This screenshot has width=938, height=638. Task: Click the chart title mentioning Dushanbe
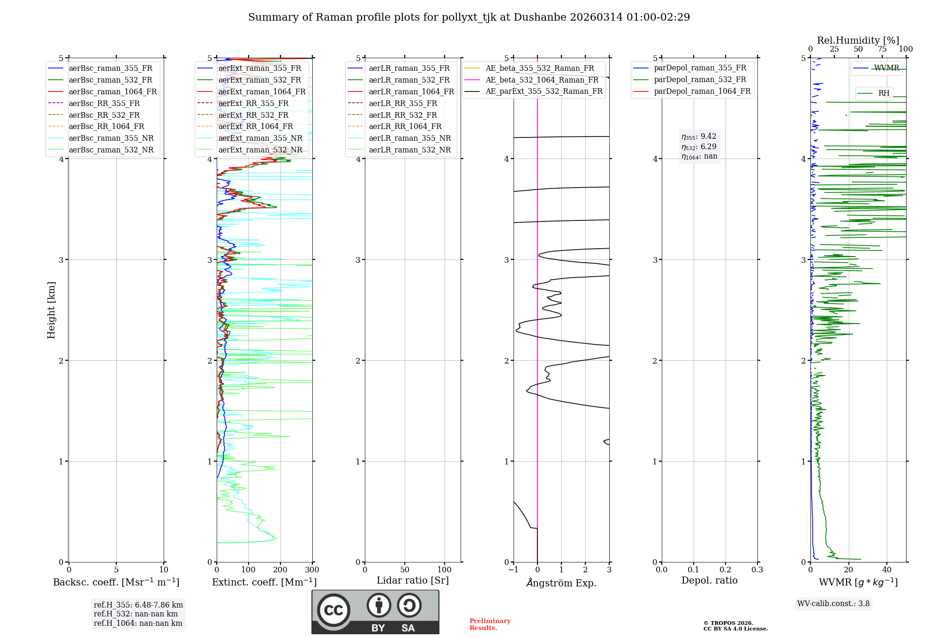[469, 17]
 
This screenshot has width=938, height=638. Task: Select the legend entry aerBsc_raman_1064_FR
[113, 92]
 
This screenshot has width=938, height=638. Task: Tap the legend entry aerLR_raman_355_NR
[409, 138]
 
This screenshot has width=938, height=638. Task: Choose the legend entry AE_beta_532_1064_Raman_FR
[542, 80]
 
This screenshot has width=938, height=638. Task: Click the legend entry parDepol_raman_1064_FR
[702, 91]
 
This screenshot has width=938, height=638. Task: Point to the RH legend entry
[884, 93]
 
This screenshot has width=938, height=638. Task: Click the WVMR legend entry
[886, 68]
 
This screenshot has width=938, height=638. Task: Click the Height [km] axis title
[51, 310]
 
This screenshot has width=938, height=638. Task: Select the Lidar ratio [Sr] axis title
[413, 581]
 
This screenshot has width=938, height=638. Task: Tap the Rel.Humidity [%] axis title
[858, 40]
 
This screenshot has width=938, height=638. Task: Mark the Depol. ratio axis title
[709, 581]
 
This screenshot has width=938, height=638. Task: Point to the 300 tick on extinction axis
[312, 570]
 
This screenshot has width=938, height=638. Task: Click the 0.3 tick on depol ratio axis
[757, 570]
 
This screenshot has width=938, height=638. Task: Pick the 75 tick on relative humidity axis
[882, 49]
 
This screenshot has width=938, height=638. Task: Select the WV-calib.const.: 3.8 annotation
[833, 604]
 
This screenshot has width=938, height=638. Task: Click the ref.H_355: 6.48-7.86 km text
[138, 605]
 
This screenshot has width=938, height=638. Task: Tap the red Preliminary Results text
[490, 624]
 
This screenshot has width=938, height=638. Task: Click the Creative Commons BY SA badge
[375, 612]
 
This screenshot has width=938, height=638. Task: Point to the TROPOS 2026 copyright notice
[735, 626]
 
